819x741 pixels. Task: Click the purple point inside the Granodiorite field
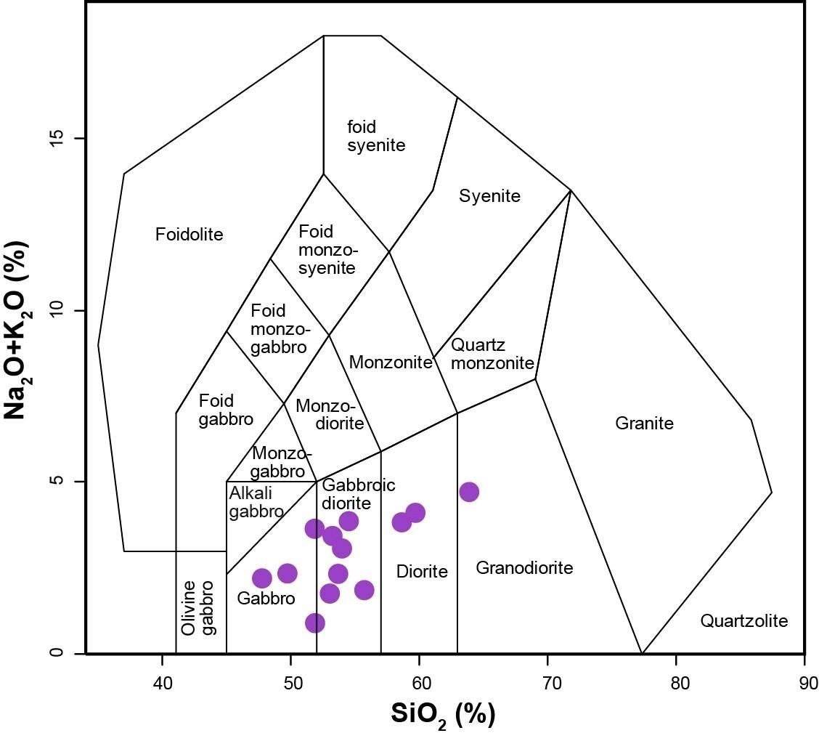click(469, 492)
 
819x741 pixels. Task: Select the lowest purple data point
click(315, 623)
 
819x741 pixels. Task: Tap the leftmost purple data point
click(261, 578)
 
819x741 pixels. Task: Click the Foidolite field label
click(189, 234)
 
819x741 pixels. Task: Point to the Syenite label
click(489, 196)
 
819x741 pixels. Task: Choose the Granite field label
click(644, 423)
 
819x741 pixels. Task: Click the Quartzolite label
click(743, 621)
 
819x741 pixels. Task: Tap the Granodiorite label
click(524, 567)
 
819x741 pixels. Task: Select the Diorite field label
click(422, 571)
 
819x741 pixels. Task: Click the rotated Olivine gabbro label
click(197, 608)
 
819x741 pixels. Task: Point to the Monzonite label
click(391, 362)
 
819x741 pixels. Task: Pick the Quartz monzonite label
click(492, 354)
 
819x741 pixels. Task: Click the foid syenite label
click(376, 136)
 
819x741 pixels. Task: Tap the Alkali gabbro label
click(256, 502)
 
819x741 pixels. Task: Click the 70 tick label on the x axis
click(548, 682)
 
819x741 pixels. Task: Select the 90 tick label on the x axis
click(805, 682)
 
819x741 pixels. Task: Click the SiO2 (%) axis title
click(443, 715)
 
